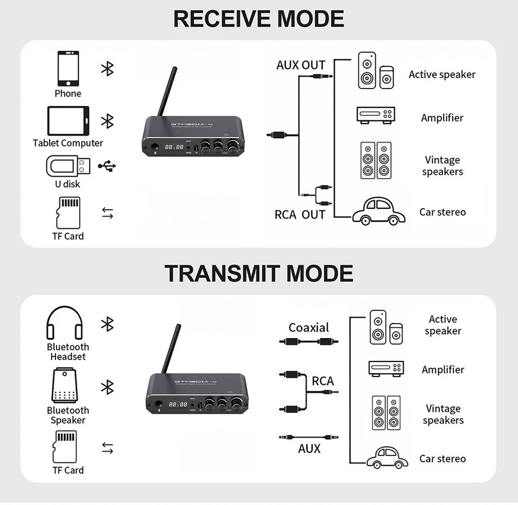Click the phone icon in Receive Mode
click(x=68, y=69)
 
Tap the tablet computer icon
click(x=67, y=121)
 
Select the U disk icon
click(x=69, y=166)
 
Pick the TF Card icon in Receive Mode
click(x=68, y=213)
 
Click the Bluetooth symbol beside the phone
click(x=108, y=69)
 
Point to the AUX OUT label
click(x=301, y=65)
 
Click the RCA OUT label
click(x=299, y=215)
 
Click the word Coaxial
click(x=309, y=327)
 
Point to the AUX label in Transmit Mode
click(x=309, y=448)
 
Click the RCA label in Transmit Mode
click(x=323, y=381)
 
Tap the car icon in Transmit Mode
click(x=387, y=458)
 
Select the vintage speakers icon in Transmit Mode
click(x=386, y=413)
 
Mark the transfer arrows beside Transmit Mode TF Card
click(x=108, y=448)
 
